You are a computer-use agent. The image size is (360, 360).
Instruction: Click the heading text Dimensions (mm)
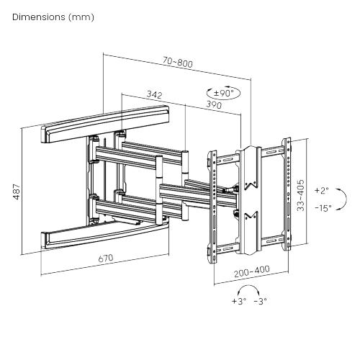click(52, 16)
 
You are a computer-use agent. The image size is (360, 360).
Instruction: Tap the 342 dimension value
click(153, 94)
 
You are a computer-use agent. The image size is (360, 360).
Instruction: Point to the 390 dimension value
click(212, 105)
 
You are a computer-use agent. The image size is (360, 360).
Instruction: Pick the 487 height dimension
click(17, 192)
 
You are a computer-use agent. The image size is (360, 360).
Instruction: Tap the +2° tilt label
click(321, 191)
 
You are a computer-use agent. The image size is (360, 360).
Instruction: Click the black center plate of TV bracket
click(250, 198)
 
